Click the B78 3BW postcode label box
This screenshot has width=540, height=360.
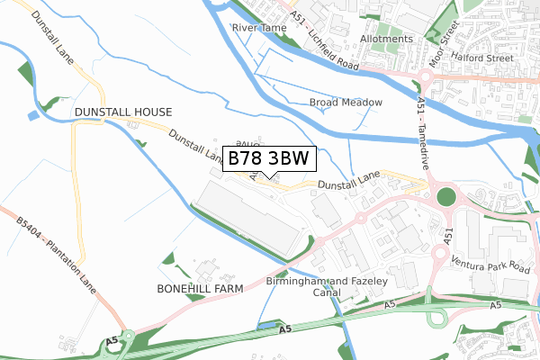[x=268, y=158]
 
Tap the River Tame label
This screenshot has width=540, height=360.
[x=258, y=28]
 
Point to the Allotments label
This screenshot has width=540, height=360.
[x=386, y=40]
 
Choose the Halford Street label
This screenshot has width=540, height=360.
[x=488, y=58]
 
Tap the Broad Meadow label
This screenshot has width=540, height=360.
[x=346, y=103]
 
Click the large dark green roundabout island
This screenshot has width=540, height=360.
[x=445, y=197]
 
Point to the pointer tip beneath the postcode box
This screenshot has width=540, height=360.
[x=268, y=177]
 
